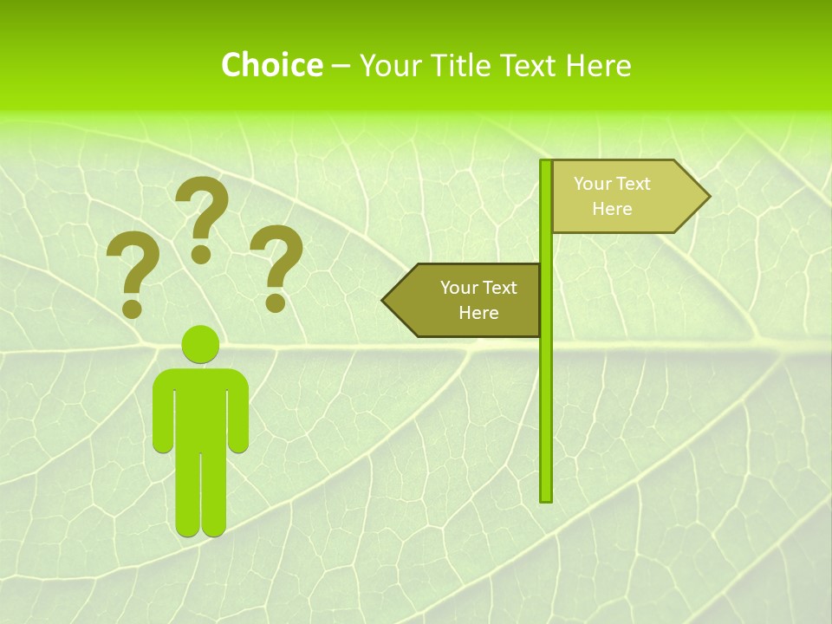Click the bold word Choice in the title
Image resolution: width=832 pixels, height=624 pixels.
[271, 65]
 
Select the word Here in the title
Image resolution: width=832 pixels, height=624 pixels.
[598, 65]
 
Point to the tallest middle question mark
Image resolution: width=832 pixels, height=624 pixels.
[203, 212]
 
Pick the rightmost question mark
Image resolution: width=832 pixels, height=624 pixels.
[276, 264]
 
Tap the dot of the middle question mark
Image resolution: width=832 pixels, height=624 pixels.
[201, 254]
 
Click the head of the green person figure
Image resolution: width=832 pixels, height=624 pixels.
[200, 344]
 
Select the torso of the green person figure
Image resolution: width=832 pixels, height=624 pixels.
[200, 407]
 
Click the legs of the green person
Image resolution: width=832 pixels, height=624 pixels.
[200, 494]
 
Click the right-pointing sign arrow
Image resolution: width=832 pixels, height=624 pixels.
[624, 197]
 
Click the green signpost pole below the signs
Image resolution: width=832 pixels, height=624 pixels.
[546, 416]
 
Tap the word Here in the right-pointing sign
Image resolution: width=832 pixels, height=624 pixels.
[612, 209]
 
